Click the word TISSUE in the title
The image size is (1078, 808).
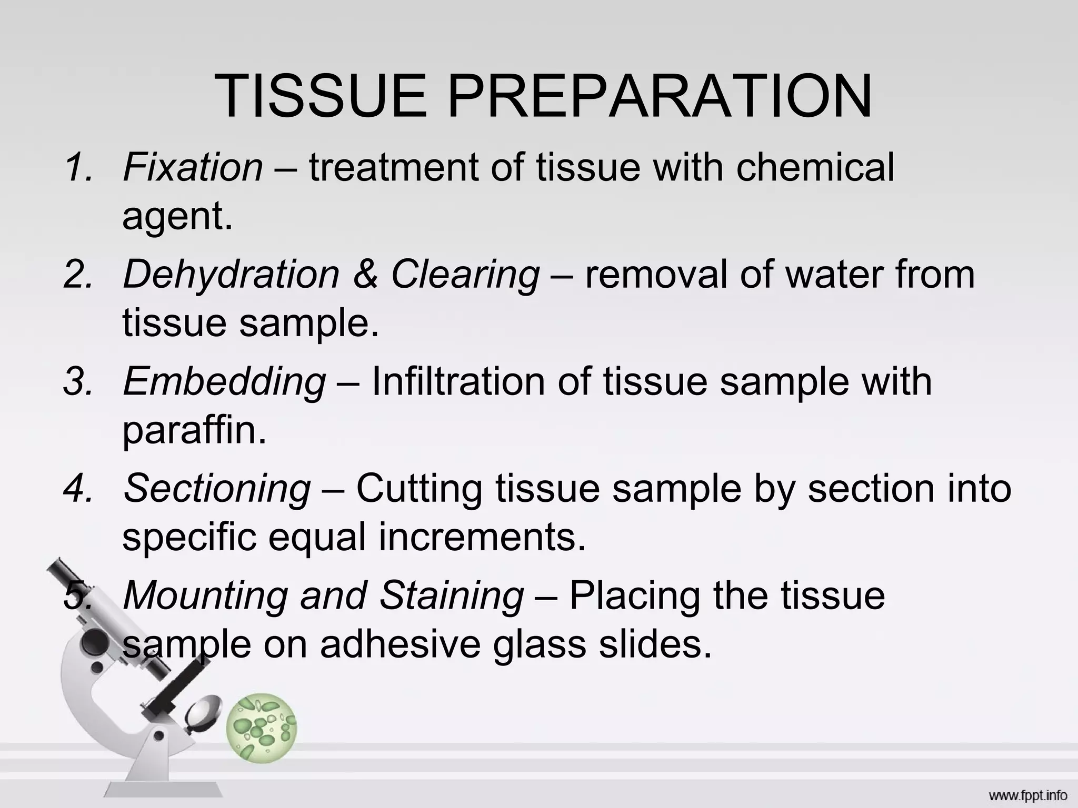coord(321,96)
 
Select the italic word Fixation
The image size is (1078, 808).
coord(193,167)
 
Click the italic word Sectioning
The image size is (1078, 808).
coord(217,488)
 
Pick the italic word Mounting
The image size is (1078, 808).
coord(205,595)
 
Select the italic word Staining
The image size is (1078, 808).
coord(452,595)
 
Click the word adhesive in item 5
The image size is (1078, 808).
coord(400,644)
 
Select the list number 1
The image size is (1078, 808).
coord(77,167)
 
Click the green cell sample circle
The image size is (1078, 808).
coord(261,728)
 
